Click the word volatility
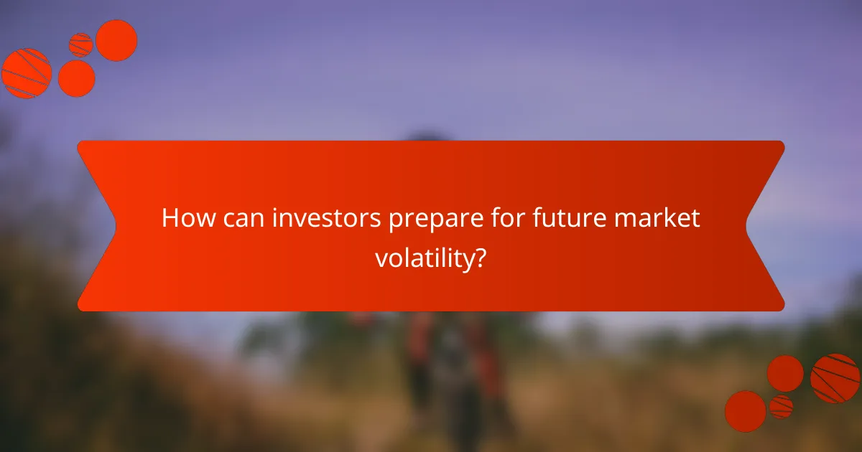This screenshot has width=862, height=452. tap(423, 258)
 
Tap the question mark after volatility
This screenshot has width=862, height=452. tap(479, 258)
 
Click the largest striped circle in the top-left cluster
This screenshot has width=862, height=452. tap(27, 73)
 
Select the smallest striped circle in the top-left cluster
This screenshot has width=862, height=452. tap(80, 44)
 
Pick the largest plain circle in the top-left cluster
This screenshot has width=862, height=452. tap(116, 40)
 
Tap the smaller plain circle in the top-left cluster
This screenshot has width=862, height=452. tap(76, 78)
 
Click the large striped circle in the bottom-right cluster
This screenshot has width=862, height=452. tap(835, 378)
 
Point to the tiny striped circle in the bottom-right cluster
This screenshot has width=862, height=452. tap(781, 406)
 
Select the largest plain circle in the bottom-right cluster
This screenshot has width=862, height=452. tap(745, 411)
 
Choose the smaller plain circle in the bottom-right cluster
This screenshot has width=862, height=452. tap(785, 373)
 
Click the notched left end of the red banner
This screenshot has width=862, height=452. tap(97, 226)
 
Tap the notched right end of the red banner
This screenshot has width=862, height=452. tap(765, 226)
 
